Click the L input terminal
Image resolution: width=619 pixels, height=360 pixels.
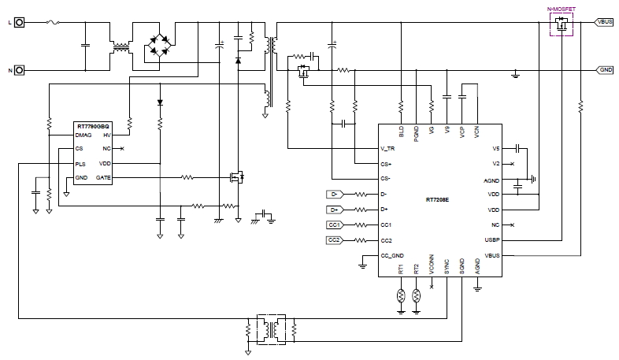point(20,23)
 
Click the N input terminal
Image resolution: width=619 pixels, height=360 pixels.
point(20,71)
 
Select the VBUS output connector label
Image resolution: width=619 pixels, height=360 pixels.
point(605,23)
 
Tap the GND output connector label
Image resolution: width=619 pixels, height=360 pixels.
point(605,69)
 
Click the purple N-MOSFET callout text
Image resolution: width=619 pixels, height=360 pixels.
point(562,8)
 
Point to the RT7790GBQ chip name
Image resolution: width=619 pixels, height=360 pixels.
point(93,126)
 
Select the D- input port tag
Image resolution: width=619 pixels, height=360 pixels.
point(334,194)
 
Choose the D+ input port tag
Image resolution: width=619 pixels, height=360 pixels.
point(334,209)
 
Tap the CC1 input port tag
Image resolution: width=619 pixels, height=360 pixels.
point(334,225)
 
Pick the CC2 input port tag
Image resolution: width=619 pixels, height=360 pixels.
point(334,239)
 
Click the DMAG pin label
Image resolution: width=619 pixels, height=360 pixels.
point(84,135)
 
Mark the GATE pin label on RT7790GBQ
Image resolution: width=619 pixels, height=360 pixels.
point(103,178)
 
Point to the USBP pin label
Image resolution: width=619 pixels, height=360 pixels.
point(492,239)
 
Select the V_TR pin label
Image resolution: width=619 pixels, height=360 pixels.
point(388,149)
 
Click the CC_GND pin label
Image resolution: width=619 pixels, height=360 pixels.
point(392,255)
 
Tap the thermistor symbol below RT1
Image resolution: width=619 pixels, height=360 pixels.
point(402,296)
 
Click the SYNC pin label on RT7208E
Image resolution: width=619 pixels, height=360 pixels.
point(447,269)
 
